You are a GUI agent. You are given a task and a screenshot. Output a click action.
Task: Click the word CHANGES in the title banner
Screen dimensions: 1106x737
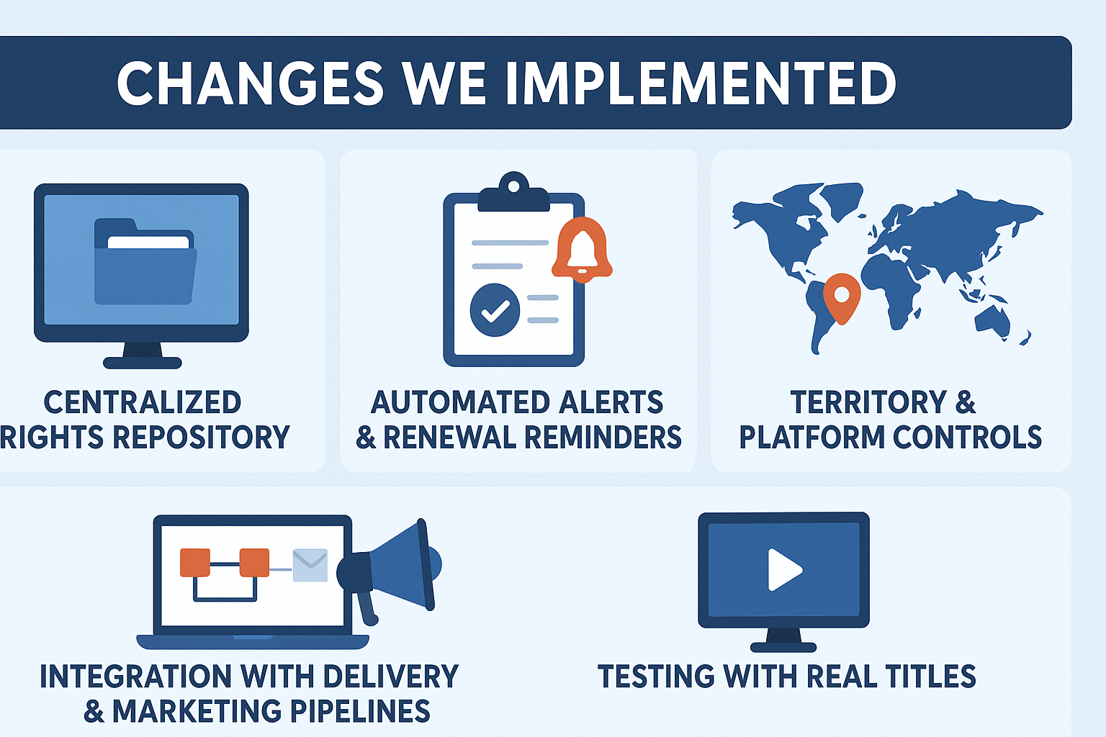click(x=250, y=83)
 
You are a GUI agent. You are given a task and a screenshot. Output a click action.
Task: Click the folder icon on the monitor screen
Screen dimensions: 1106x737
click(x=145, y=261)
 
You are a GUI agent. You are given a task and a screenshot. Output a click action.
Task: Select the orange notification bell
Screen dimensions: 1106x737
click(x=582, y=249)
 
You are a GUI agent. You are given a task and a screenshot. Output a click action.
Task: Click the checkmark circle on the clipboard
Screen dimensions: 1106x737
click(x=495, y=310)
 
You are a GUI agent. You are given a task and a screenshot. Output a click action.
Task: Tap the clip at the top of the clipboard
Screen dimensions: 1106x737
click(x=513, y=191)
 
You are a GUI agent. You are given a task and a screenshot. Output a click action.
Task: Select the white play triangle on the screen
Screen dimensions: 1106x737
click(x=785, y=569)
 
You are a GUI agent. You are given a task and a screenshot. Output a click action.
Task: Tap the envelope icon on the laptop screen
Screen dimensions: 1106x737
click(x=310, y=565)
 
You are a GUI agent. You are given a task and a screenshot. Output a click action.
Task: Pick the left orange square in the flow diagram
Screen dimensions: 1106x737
click(x=195, y=562)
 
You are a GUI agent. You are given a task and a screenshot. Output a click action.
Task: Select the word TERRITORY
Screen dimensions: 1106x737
click(x=868, y=402)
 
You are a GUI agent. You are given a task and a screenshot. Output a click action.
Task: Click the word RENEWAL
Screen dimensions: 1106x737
click(x=449, y=437)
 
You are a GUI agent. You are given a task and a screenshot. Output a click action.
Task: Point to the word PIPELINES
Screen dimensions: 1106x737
click(x=360, y=711)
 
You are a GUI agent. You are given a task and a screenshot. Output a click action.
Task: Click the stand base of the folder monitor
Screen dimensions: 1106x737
click(x=142, y=363)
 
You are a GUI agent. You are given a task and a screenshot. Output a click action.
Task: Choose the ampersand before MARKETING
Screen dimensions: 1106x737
click(x=94, y=711)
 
